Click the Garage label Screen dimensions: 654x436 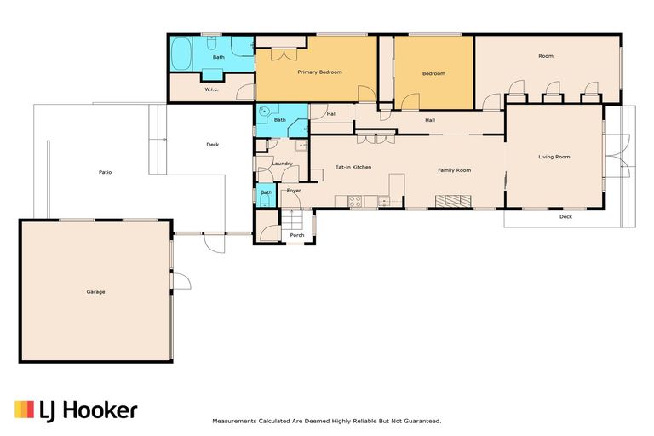[95, 291]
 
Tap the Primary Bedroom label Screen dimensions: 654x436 [319, 72]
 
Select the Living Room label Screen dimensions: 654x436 [554, 157]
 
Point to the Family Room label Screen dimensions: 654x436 [454, 170]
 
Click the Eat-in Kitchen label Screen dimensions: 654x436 [353, 167]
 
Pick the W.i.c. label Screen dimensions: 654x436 [211, 89]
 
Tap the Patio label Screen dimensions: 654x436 [105, 172]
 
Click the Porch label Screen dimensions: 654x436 [297, 235]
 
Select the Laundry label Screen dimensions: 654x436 [283, 163]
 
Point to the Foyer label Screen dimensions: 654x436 [294, 191]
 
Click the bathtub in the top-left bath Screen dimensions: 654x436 [181, 54]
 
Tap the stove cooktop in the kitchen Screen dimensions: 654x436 [355, 202]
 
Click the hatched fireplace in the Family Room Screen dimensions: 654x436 [453, 201]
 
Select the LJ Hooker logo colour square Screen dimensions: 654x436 [24, 410]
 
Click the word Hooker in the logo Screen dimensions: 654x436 [100, 410]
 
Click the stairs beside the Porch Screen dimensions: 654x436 [291, 219]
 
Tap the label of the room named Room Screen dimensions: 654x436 [546, 56]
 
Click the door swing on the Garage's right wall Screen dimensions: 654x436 [182, 281]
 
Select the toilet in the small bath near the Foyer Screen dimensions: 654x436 [265, 202]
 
